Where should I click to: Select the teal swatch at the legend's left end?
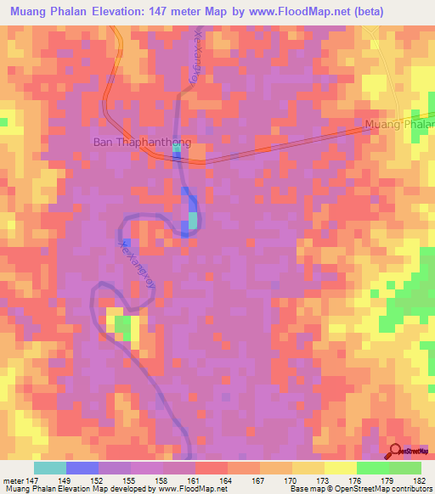[50, 467]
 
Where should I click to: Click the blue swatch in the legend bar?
[82, 467]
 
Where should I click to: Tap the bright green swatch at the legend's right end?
[405, 467]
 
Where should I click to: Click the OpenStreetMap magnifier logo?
[395, 450]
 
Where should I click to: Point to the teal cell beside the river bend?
[193, 221]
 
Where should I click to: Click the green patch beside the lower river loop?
[123, 327]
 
